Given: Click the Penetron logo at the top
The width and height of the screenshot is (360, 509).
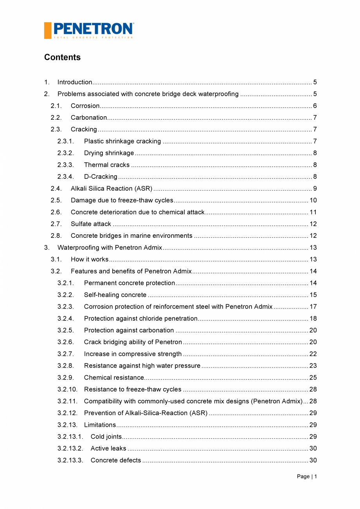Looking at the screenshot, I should (89, 30).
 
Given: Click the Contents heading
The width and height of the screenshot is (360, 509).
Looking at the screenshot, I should (62, 57).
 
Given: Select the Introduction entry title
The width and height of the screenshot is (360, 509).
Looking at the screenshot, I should (75, 82).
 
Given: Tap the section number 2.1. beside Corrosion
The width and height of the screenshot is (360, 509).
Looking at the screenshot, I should (56, 106).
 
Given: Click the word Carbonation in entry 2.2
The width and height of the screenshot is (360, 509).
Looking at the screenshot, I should (89, 118).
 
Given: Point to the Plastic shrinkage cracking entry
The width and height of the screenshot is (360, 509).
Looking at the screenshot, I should (122, 141).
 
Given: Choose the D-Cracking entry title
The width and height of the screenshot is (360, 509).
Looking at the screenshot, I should (101, 177).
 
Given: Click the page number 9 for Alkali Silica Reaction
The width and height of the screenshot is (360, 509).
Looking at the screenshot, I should (315, 189).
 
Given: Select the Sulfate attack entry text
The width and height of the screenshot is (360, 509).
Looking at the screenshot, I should (91, 224).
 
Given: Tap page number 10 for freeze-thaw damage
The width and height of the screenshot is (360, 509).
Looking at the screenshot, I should (313, 200).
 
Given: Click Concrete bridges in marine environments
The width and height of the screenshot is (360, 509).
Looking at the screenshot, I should (131, 236).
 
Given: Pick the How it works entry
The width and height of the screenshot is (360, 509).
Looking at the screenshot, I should (90, 259).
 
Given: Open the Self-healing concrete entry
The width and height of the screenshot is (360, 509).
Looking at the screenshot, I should (115, 295).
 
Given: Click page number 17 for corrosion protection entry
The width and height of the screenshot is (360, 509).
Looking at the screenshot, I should (313, 307).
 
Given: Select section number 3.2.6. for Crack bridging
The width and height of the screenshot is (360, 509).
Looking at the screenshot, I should (65, 342).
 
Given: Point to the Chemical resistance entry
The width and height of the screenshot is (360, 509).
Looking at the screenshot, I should (114, 378).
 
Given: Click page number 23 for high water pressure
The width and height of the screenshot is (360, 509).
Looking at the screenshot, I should (313, 366).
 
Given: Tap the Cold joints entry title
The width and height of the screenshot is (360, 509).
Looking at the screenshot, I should (106, 437).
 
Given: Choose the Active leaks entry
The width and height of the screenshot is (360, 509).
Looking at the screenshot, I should (108, 448).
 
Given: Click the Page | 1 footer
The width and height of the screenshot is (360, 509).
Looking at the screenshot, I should (307, 476).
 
